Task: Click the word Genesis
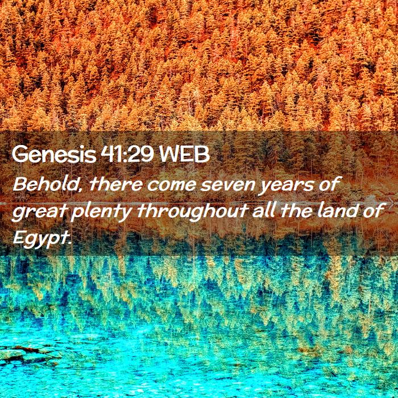point(54,155)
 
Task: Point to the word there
point(116,184)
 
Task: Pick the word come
point(171,185)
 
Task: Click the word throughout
point(192,212)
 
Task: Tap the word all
point(264,210)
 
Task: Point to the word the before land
point(296,210)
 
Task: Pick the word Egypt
point(39,239)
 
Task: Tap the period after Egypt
point(68,242)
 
